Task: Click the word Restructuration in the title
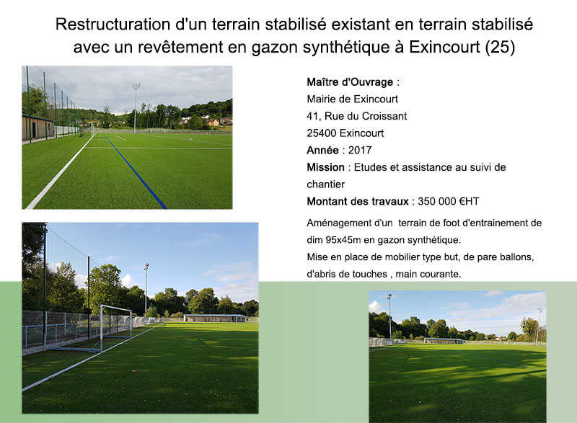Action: point(113,25)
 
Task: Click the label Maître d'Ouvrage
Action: point(350,82)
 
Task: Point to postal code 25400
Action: point(322,133)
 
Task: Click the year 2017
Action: point(360,150)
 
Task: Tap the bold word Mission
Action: point(326,167)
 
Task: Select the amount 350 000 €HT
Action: point(448,201)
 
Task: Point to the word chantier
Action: point(326,184)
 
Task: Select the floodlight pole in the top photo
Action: point(136,107)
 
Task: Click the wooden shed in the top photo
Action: point(38,127)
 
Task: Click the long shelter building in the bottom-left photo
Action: point(215,318)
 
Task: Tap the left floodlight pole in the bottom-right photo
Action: point(389,316)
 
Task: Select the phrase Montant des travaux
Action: point(358,201)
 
